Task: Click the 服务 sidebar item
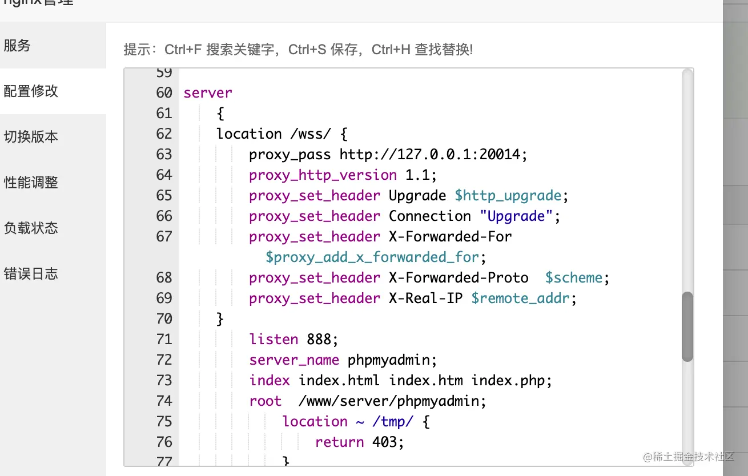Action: [x=17, y=46]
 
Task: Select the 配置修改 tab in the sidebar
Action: [x=31, y=91]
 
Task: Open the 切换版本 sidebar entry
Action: [x=31, y=137]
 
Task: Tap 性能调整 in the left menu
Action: [x=31, y=183]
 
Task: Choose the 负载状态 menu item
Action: [x=31, y=228]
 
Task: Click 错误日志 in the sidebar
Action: [x=31, y=274]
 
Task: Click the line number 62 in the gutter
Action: [x=164, y=134]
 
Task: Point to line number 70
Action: [x=164, y=319]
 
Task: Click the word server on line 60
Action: [x=208, y=93]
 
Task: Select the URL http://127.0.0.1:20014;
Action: [x=433, y=155]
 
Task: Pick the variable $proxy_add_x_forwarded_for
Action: [x=372, y=257]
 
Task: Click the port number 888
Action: [x=322, y=340]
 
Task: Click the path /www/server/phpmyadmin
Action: [x=392, y=401]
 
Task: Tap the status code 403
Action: [x=388, y=442]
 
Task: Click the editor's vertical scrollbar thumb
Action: [x=687, y=326]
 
